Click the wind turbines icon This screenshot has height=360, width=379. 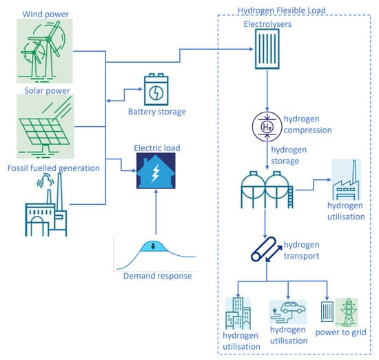pos(45,51)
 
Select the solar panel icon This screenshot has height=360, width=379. pos(45,126)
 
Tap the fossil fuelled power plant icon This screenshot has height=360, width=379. pos(46,205)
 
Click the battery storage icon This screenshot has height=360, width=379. pos(156,90)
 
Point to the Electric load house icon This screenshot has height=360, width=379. pos(156,171)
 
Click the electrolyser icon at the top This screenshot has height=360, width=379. pos(267,49)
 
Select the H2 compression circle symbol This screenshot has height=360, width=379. pos(267,126)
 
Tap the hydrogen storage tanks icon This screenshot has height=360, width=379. pos(267,190)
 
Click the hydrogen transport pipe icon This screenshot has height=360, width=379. pos(267,249)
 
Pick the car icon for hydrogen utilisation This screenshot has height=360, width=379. pos(288,312)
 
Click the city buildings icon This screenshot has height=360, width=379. pos(238,313)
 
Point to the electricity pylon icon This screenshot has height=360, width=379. pos(347,312)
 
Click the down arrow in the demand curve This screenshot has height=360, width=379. pos(153,247)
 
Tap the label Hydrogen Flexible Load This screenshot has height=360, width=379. pos(282,10)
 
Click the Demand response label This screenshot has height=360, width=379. pos(158,276)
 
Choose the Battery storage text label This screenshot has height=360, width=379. pos(157,112)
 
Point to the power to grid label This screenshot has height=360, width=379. pos(341,332)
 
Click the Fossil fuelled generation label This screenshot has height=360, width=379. pos(54,168)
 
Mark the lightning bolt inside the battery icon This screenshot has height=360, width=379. pos(156,92)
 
